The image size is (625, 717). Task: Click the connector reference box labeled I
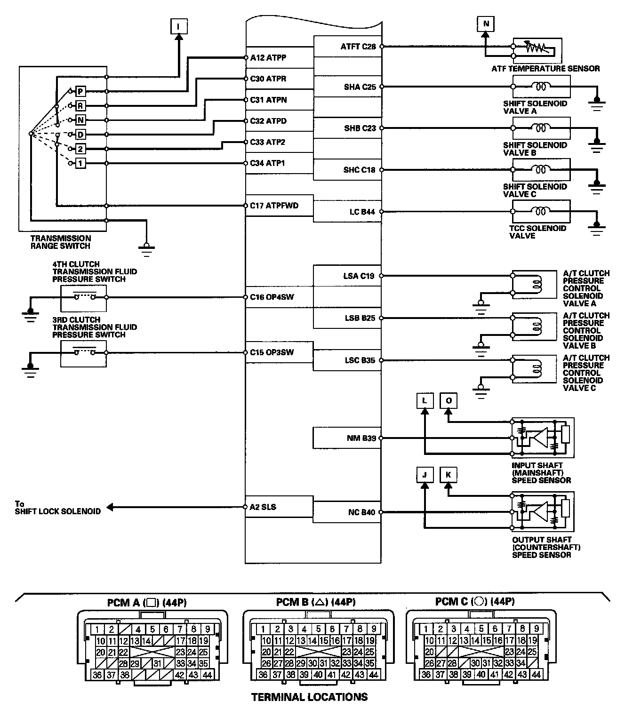[179, 26]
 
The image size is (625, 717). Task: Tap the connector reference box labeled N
[486, 24]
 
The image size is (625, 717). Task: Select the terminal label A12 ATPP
[268, 58]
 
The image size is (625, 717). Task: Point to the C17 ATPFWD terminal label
[274, 206]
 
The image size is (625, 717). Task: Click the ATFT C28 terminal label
[358, 47]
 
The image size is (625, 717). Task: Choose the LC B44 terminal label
[362, 212]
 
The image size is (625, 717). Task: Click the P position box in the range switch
[80, 91]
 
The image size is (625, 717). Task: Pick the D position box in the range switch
[80, 135]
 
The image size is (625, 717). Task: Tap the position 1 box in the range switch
[80, 163]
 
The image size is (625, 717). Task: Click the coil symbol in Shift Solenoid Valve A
[541, 86]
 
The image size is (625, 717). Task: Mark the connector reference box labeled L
[425, 400]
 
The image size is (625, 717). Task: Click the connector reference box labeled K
[449, 475]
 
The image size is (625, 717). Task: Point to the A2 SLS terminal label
[263, 507]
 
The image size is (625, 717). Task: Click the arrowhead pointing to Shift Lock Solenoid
[110, 507]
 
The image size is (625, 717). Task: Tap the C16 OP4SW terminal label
[272, 297]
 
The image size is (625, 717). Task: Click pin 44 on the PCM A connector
[207, 675]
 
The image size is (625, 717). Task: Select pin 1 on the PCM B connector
[263, 629]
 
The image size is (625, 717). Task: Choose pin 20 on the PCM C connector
[429, 652]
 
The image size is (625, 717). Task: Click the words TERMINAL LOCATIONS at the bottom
[310, 697]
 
